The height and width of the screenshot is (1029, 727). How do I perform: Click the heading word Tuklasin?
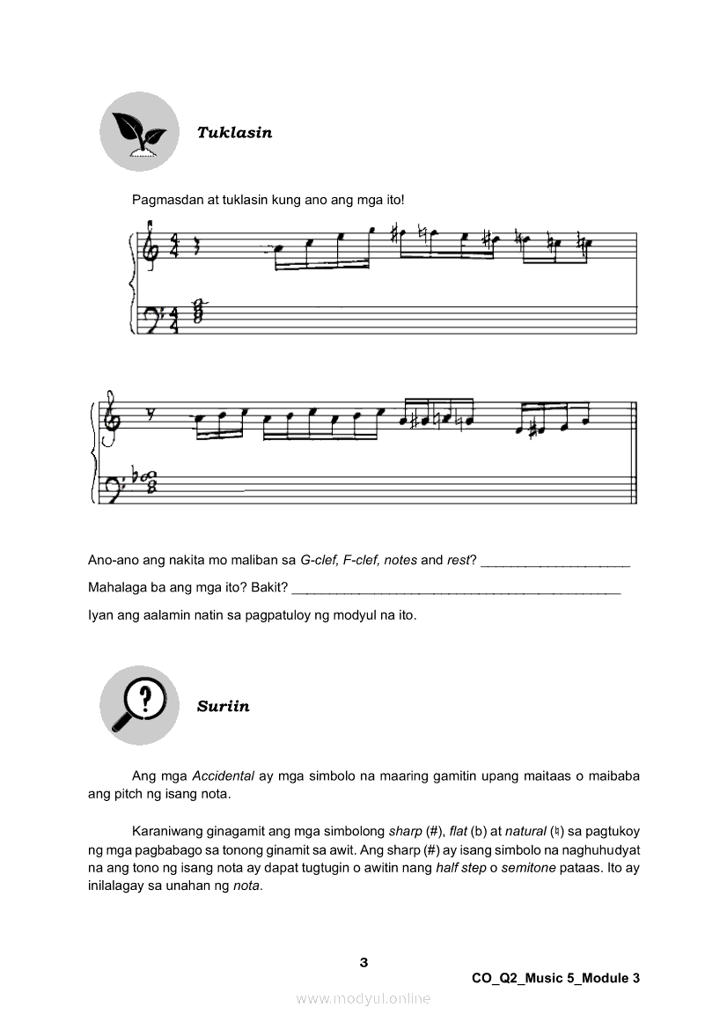point(234,133)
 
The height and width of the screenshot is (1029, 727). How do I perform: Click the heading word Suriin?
point(223,706)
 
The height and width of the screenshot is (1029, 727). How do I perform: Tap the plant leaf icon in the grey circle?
point(138,131)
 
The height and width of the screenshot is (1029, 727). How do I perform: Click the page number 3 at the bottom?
point(363,962)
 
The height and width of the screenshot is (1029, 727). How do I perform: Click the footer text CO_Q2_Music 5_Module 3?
point(555,978)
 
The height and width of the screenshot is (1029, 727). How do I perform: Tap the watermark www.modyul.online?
point(363,998)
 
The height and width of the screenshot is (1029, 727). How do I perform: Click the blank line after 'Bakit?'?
point(455,588)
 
